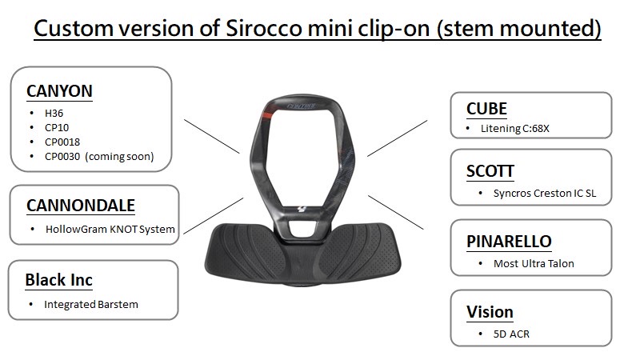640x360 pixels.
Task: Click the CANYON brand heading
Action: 59,91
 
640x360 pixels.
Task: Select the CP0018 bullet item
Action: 62,142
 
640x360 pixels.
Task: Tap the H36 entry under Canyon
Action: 54,113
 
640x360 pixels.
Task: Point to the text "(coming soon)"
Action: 119,157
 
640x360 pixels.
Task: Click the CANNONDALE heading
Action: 81,206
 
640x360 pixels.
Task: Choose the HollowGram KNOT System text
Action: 110,230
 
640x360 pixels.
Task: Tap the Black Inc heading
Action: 58,280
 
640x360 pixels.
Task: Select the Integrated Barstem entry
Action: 91,305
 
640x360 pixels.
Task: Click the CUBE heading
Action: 486,109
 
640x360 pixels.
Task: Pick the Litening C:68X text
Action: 515,129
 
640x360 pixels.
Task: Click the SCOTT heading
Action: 490,171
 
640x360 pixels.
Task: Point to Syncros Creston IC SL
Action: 545,193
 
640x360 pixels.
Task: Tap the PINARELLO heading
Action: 509,242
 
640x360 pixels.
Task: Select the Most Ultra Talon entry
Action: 534,264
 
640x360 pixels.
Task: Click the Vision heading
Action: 490,312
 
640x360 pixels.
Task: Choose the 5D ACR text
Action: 511,334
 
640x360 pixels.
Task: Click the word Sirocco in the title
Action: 264,29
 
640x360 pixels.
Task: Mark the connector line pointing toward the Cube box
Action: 397,138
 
